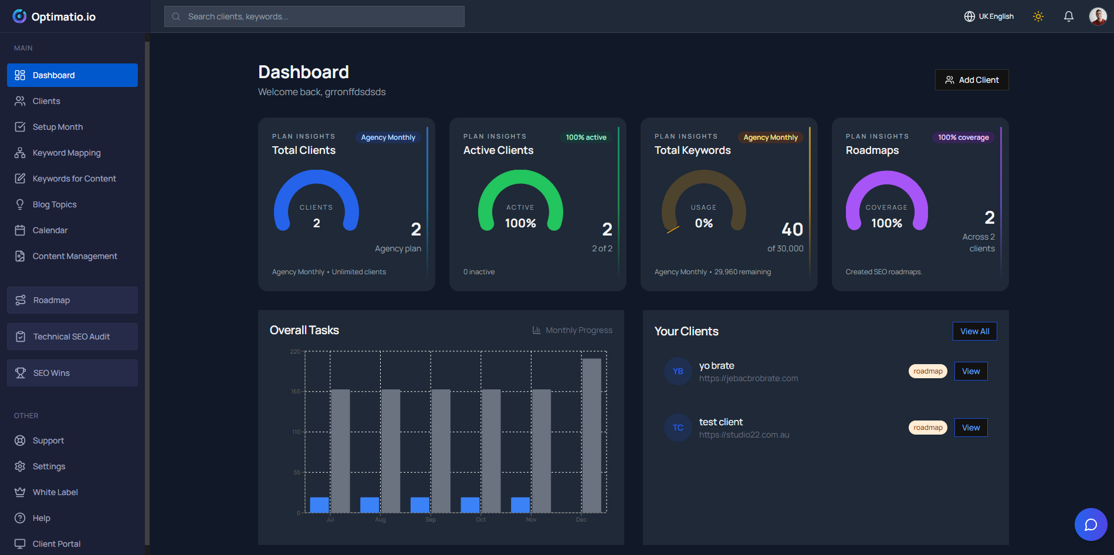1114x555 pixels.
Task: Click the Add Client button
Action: pos(971,80)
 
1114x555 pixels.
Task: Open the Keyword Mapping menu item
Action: pos(66,153)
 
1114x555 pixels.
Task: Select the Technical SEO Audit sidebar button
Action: pos(72,337)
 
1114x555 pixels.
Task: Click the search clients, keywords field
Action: pos(314,16)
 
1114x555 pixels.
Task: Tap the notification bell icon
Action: pos(1068,16)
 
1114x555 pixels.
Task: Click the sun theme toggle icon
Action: pos(1038,16)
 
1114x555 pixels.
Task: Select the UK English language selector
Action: pos(989,16)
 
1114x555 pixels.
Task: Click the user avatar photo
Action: pos(1097,16)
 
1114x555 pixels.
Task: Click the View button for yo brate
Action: pos(970,371)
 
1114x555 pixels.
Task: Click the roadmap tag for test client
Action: pos(927,428)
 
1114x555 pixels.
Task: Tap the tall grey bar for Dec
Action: pos(591,435)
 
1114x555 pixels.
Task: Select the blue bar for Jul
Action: pos(319,505)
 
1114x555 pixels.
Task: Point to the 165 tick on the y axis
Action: pos(296,392)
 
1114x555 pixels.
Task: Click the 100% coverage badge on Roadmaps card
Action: pos(963,137)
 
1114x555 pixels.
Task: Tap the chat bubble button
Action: pos(1090,524)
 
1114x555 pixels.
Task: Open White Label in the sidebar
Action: pos(55,492)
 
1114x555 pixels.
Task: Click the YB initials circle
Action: pos(678,371)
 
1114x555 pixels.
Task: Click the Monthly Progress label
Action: pos(578,330)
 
